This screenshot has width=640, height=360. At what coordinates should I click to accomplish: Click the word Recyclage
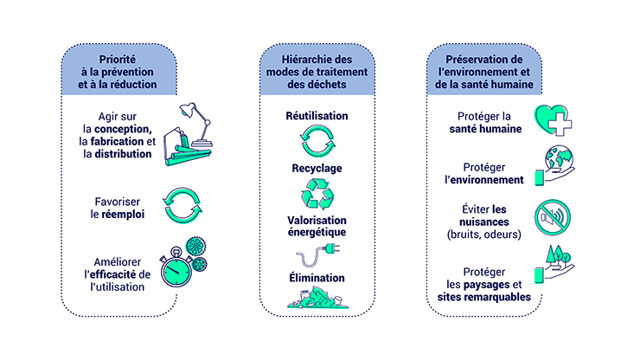[x=317, y=167]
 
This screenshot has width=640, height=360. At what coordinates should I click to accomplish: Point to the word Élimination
[x=317, y=278]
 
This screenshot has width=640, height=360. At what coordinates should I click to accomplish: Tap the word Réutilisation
[x=317, y=115]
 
